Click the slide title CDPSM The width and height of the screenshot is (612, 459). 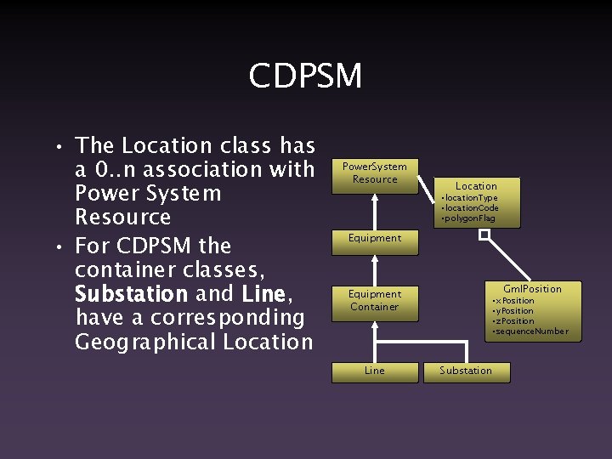click(305, 76)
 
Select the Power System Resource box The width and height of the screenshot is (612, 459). click(374, 173)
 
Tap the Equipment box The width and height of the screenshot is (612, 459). click(374, 238)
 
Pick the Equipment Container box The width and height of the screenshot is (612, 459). click(374, 300)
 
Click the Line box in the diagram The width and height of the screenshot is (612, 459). click(374, 371)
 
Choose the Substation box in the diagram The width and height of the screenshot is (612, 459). click(466, 371)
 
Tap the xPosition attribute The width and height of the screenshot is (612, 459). click(514, 301)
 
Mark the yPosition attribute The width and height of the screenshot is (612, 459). click(514, 311)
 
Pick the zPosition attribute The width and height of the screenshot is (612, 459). click(514, 321)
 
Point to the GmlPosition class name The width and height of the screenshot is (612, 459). click(532, 289)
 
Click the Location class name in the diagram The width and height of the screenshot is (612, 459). click(476, 186)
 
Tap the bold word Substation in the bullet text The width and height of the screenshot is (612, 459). click(132, 294)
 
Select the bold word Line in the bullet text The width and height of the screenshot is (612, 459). click(262, 294)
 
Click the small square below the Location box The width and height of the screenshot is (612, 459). click(483, 235)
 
